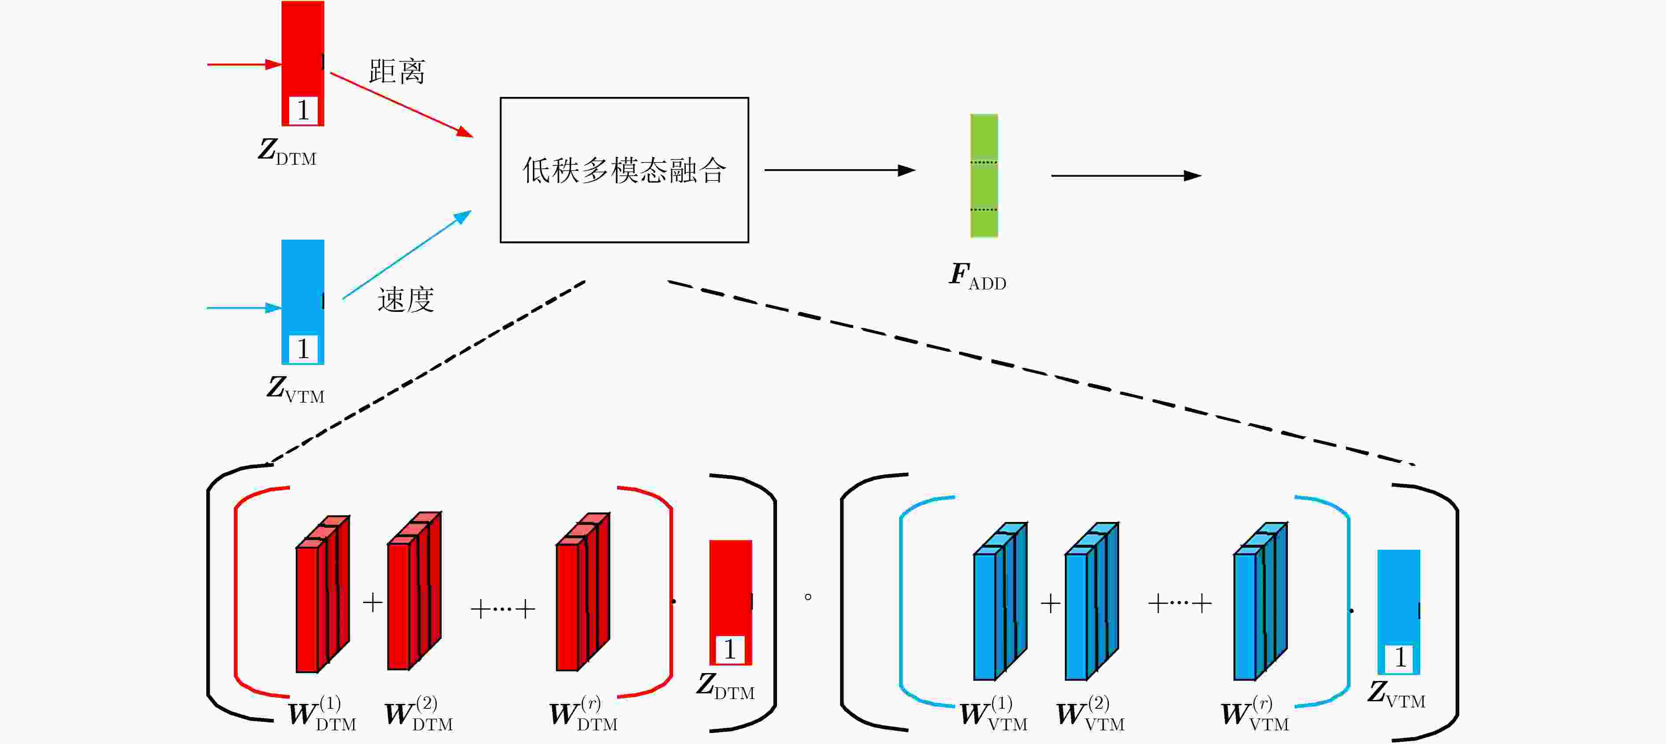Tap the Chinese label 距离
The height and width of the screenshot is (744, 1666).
397,71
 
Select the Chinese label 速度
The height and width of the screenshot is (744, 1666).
405,299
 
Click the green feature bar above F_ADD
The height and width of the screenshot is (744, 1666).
984,176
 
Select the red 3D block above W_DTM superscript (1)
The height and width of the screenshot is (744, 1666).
322,594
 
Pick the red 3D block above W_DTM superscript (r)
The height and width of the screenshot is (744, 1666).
583,592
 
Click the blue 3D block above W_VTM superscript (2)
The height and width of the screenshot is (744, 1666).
1092,601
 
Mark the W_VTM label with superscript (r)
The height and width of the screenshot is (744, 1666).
1255,714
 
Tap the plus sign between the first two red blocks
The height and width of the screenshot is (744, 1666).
372,603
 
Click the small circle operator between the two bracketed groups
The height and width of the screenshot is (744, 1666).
808,596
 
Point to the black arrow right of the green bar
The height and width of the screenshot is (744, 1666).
1126,175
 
